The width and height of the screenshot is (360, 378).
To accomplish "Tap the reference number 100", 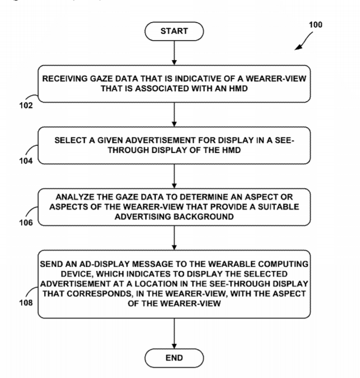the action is point(315,25).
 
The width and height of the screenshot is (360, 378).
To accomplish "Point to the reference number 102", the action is point(26,105).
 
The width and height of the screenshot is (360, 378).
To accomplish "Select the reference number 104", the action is point(26,161).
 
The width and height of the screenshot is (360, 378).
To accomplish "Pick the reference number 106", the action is point(26,223).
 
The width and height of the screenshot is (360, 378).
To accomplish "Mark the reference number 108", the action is point(26,303).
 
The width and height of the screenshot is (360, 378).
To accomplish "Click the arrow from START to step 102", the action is point(174,53).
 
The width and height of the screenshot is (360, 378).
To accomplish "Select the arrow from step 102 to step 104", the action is point(174,114).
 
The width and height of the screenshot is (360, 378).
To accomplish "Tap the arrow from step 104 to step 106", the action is point(174,176).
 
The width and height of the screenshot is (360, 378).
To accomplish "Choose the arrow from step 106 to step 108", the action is point(174,238).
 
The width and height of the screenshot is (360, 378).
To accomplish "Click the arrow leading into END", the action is point(174,333).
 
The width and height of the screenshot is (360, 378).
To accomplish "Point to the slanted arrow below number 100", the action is point(304,42).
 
